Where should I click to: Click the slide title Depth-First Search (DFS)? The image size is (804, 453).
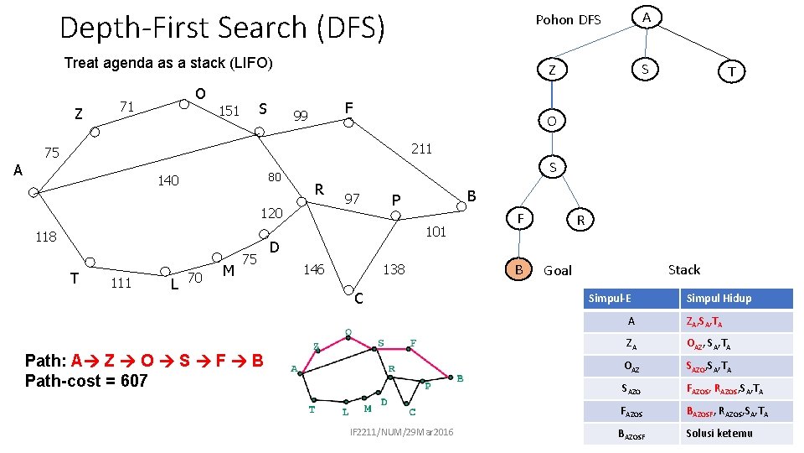pyautogui.click(x=222, y=28)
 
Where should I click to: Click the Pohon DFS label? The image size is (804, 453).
pyautogui.click(x=568, y=19)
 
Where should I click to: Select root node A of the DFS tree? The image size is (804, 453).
pyautogui.click(x=647, y=17)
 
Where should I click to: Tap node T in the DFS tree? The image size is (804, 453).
pyautogui.click(x=732, y=71)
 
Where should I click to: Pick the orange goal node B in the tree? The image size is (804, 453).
pyautogui.click(x=519, y=269)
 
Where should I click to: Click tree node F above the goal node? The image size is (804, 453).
pyautogui.click(x=519, y=219)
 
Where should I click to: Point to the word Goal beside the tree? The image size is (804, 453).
pyautogui.click(x=558, y=270)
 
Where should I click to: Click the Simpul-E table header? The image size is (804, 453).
pyautogui.click(x=610, y=298)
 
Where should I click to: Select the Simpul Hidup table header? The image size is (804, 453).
pyautogui.click(x=719, y=298)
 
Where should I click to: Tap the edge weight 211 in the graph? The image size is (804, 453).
pyautogui.click(x=421, y=149)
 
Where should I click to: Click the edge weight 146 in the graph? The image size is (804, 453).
pyautogui.click(x=312, y=269)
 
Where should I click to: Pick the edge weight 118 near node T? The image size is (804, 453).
pyautogui.click(x=45, y=237)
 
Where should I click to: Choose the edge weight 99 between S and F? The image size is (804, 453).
pyautogui.click(x=301, y=115)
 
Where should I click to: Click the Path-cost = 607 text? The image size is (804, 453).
pyautogui.click(x=86, y=381)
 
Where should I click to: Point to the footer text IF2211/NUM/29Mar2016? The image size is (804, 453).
pyautogui.click(x=402, y=431)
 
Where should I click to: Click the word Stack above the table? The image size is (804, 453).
pyautogui.click(x=683, y=269)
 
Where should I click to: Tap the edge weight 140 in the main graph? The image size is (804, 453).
pyautogui.click(x=168, y=180)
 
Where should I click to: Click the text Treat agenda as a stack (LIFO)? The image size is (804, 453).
pyautogui.click(x=168, y=63)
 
